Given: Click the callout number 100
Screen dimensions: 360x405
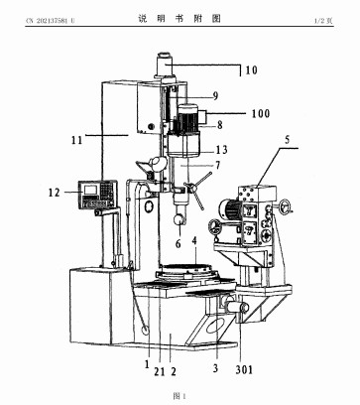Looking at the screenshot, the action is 261,113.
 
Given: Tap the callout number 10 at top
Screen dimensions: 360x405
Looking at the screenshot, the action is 251,70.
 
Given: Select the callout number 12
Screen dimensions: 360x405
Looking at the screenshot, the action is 54,193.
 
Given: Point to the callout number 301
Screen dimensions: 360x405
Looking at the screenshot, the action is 244,369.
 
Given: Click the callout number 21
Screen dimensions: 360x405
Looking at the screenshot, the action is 160,371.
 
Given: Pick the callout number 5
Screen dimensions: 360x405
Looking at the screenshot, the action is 287,139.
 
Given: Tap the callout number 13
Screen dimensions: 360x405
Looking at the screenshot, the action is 222,150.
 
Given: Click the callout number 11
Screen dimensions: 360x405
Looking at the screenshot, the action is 76,140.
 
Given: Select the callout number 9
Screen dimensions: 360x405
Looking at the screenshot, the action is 215,96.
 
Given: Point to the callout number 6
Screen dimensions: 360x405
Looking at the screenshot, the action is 179,244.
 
